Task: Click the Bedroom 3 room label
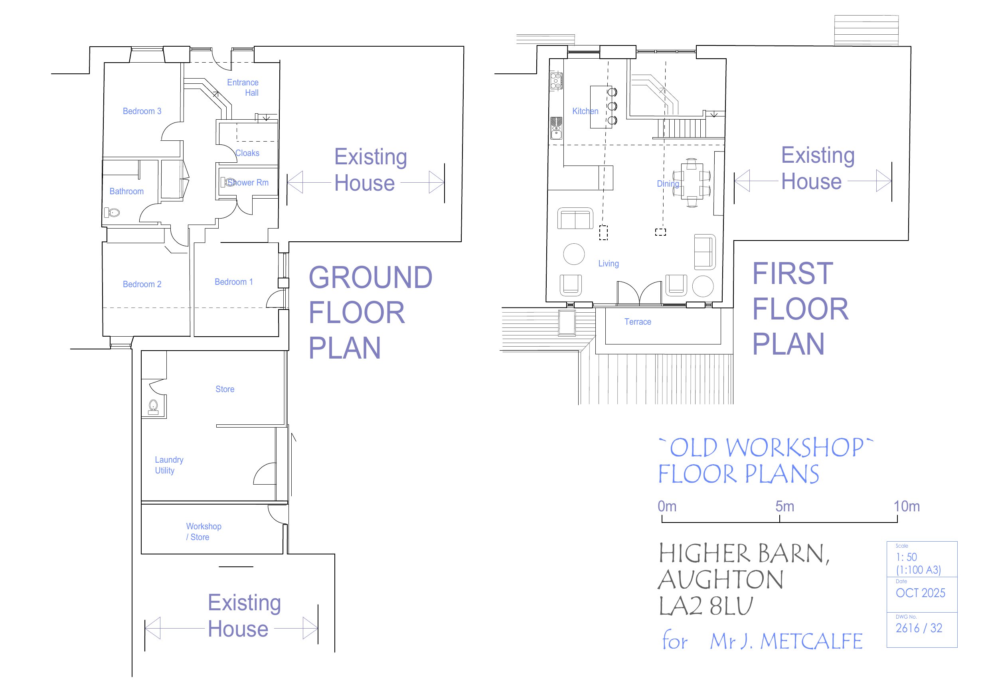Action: click(x=142, y=111)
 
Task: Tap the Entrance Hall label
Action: click(x=243, y=87)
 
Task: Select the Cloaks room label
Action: click(x=247, y=153)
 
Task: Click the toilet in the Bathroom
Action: click(x=112, y=213)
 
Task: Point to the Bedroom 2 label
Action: click(x=142, y=284)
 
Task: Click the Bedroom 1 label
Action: click(x=234, y=282)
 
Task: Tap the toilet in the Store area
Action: click(x=154, y=406)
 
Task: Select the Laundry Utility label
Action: click(x=169, y=465)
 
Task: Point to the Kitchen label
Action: click(x=585, y=111)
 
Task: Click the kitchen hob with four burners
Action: click(x=556, y=81)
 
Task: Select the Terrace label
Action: click(x=638, y=321)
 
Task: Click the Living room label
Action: click(x=609, y=263)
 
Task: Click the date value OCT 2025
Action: click(x=920, y=593)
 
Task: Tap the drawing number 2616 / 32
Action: click(x=919, y=628)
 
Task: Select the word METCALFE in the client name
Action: click(x=811, y=641)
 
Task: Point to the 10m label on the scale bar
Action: click(x=906, y=506)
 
